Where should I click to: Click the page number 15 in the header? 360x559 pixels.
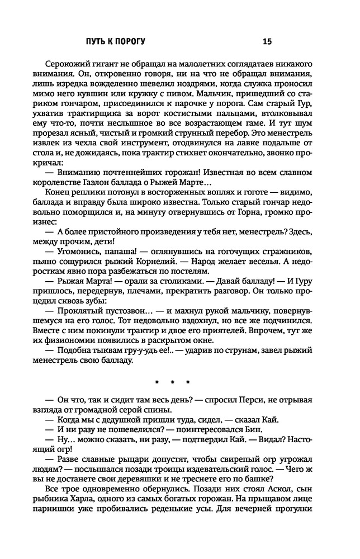(x=267, y=41)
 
